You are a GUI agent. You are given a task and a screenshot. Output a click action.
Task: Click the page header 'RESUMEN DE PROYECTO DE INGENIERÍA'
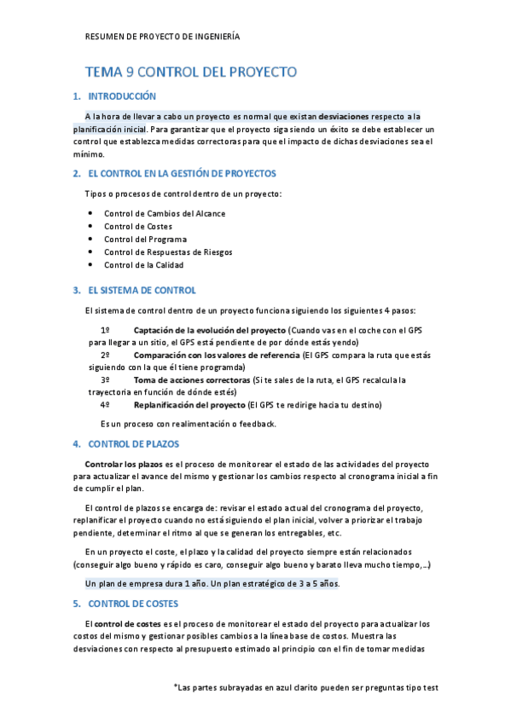163,37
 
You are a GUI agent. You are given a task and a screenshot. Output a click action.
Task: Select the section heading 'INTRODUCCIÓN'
122,96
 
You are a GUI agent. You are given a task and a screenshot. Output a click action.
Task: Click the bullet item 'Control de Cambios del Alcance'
165,213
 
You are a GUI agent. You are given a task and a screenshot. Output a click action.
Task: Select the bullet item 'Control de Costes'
137,226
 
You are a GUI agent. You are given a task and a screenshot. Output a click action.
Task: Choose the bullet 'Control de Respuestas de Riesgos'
168,252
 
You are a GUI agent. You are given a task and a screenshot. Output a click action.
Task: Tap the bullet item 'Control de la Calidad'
143,264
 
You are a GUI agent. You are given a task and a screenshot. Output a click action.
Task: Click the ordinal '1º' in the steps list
105,329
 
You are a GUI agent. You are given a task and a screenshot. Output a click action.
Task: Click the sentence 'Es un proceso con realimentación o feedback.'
188,424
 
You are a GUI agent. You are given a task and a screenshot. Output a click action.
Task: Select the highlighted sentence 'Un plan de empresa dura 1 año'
148,584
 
